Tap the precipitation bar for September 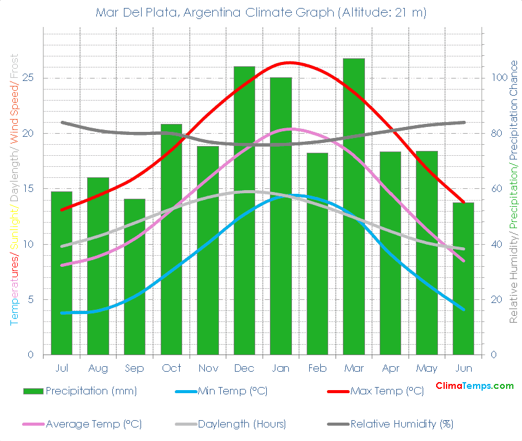134,277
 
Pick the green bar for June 463,278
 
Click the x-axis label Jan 281,368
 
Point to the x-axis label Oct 171,368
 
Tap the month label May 427,368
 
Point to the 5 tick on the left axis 31,299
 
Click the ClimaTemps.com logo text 474,386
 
